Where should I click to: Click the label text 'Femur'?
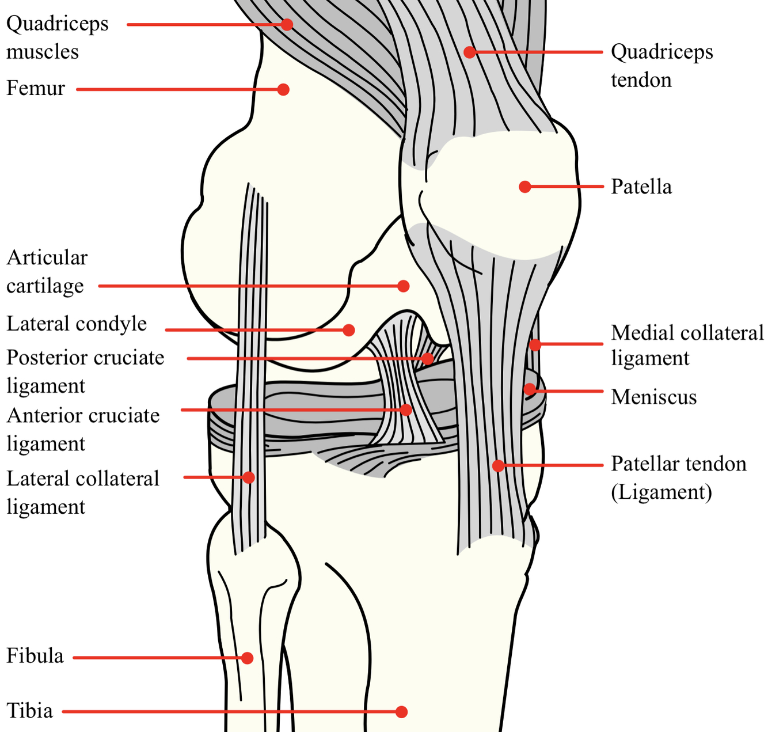point(36,89)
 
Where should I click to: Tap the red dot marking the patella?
point(524,187)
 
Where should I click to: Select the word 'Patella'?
point(641,187)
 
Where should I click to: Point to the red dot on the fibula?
point(248,658)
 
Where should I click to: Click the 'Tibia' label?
point(30,711)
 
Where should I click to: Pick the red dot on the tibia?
point(402,712)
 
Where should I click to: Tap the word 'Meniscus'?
point(653,397)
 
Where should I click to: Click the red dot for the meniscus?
point(529,389)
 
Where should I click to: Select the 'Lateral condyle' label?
point(77,324)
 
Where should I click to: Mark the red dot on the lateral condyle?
point(349,330)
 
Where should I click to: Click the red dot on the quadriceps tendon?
point(470,52)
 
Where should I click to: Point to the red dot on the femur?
point(283,89)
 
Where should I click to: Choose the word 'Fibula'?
point(35,656)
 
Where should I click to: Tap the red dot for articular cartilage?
point(404,286)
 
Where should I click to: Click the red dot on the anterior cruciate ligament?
point(406,409)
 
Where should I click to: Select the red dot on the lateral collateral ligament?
point(249,477)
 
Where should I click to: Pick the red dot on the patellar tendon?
point(499,465)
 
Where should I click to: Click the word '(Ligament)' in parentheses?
point(661,492)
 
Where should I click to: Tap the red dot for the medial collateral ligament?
point(535,345)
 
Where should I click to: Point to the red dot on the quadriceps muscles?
point(287,24)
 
